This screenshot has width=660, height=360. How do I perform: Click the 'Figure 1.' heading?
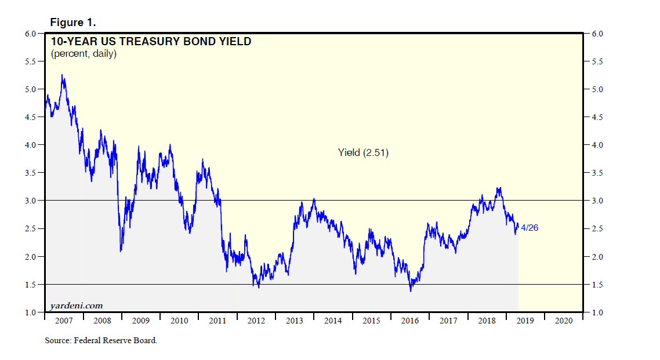[x=73, y=22]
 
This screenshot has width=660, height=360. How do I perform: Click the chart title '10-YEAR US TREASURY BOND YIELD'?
[x=151, y=42]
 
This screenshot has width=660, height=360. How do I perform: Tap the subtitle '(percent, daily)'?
[x=84, y=54]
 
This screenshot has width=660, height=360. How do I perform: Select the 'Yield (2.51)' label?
[x=363, y=153]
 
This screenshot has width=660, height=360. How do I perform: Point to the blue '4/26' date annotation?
[x=530, y=228]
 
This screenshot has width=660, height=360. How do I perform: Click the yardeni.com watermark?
[x=76, y=305]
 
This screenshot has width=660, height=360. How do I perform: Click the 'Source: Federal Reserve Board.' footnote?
[x=101, y=340]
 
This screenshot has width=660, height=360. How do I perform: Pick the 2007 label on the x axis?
[x=64, y=321]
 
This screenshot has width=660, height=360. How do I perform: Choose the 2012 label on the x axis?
[x=256, y=321]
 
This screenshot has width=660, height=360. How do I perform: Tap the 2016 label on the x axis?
[x=409, y=321]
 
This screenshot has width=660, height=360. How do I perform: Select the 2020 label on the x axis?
[x=563, y=321]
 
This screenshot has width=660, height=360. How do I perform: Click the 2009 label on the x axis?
[x=140, y=321]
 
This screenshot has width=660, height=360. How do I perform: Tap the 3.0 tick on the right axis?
[x=597, y=201]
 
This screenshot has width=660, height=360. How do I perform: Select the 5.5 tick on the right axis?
[x=597, y=61]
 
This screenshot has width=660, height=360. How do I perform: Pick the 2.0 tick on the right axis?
[x=597, y=257]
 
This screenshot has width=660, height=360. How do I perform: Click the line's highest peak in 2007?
[x=62, y=75]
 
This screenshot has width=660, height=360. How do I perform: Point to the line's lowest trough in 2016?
[x=411, y=290]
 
